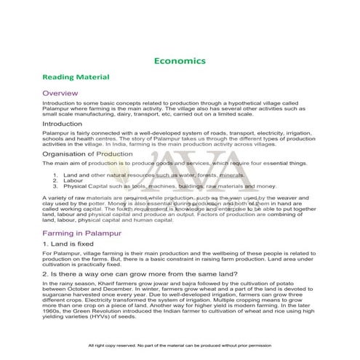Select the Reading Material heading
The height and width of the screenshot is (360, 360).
click(x=76, y=76)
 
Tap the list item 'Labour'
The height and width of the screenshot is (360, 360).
click(x=73, y=181)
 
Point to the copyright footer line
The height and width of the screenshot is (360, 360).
click(x=180, y=345)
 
